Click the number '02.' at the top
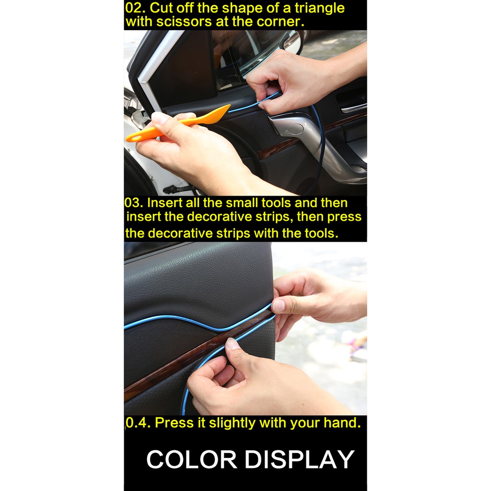coord(136,8)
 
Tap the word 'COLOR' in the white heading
coord(192,459)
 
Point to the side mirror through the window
coord(292,41)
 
